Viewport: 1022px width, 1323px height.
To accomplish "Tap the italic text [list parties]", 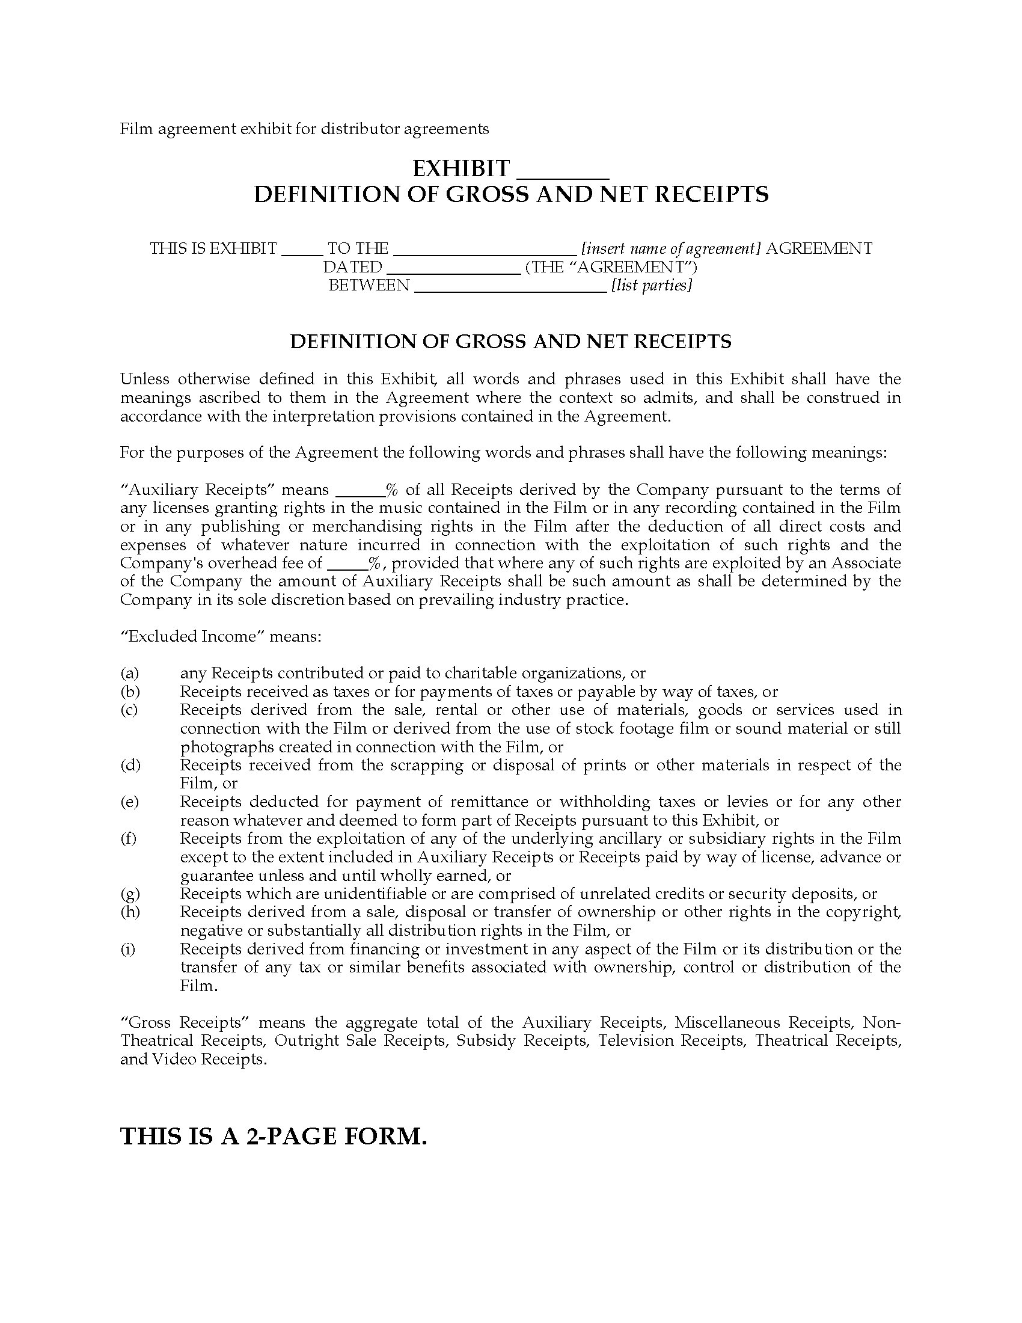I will [x=652, y=285].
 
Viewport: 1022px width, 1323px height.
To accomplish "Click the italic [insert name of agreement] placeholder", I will [x=670, y=248].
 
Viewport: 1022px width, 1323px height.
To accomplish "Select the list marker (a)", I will [x=130, y=673].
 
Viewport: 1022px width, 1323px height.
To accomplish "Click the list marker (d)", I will [x=130, y=765].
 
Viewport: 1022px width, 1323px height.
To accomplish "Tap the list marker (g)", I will [x=130, y=894].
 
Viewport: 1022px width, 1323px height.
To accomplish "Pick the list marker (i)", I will [x=129, y=948].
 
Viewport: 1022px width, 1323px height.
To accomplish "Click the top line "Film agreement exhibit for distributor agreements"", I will [x=304, y=129].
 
